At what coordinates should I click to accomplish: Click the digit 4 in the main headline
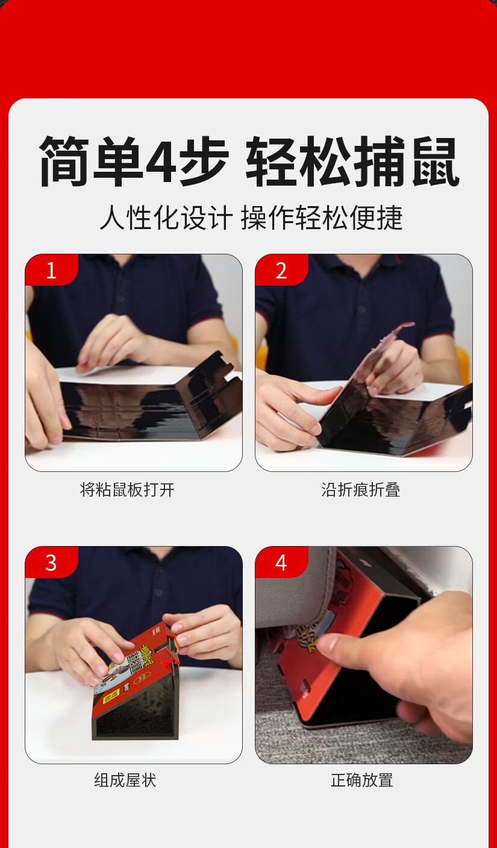point(163,162)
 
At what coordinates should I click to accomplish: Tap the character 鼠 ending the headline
point(436,162)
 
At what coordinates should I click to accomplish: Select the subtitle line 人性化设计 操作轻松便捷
point(251,218)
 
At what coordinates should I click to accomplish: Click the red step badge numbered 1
point(51,269)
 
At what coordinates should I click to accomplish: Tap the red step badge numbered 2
point(281,269)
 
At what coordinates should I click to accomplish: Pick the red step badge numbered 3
point(51,562)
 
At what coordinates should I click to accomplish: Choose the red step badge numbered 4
point(281,562)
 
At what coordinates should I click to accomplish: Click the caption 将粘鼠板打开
point(127,489)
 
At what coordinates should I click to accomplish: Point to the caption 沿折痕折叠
point(360,489)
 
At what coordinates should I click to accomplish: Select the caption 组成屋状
point(125,780)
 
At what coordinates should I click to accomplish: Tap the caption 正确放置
point(362,780)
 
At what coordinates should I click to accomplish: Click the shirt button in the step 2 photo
point(362,309)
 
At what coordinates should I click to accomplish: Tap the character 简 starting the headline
point(64,162)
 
